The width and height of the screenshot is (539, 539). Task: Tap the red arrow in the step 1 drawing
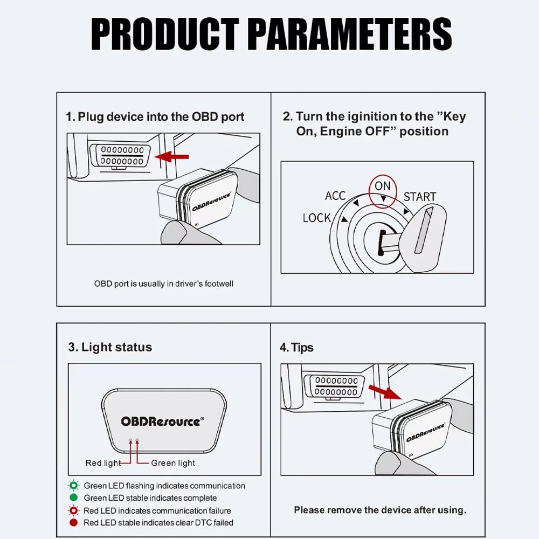coord(171,157)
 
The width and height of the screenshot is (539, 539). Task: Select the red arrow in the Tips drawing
coord(385,392)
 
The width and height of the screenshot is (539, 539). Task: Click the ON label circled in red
coord(383,186)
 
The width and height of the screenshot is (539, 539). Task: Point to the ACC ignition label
coord(335,196)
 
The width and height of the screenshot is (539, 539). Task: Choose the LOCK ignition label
coord(316,218)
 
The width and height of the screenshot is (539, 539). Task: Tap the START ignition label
coord(420,197)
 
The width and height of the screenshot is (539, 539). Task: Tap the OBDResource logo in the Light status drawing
coord(162,421)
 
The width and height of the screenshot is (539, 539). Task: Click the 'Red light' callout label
coord(103,463)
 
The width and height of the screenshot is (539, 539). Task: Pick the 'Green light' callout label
coord(173,463)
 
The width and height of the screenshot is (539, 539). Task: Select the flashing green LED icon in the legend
coord(73,486)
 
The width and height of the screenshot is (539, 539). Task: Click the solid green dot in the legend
coord(73,497)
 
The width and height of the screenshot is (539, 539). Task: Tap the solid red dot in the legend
coord(73,522)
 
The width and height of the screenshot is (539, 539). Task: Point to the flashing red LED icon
coord(73,510)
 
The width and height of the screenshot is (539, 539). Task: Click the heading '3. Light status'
coord(110,347)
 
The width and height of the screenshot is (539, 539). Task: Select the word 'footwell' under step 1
coord(219,284)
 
